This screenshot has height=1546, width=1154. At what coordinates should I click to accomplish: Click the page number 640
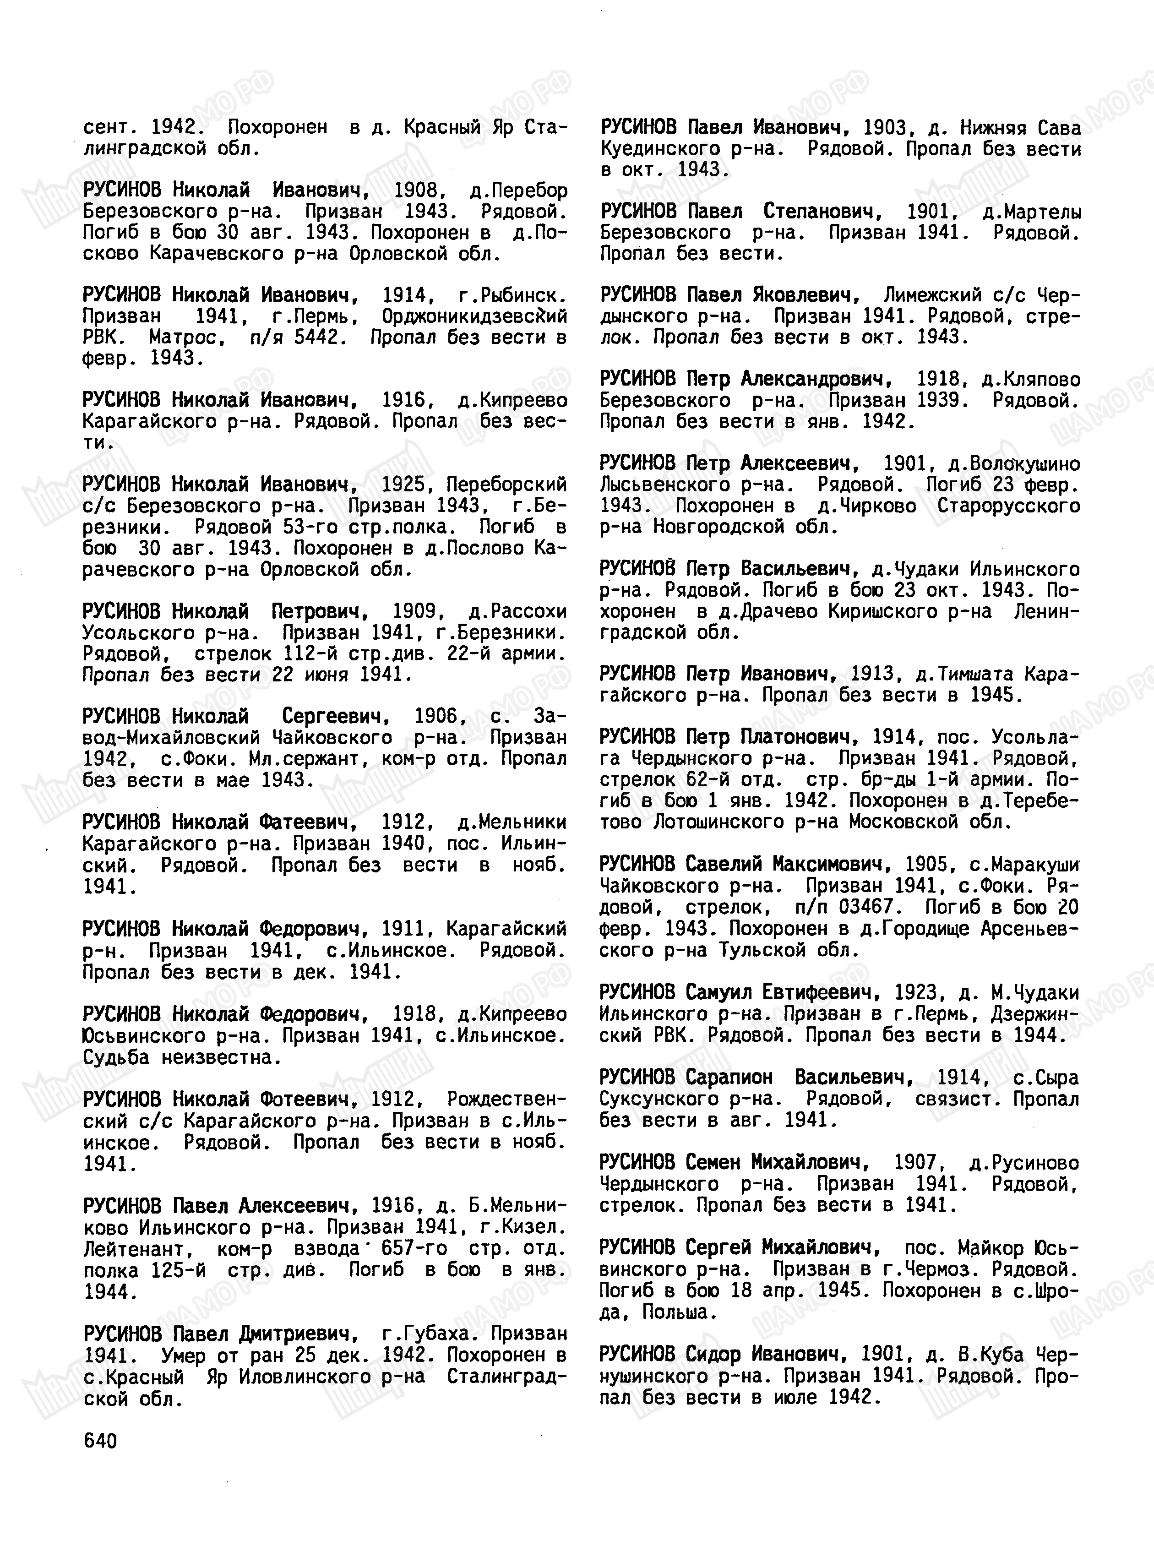(100, 1441)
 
